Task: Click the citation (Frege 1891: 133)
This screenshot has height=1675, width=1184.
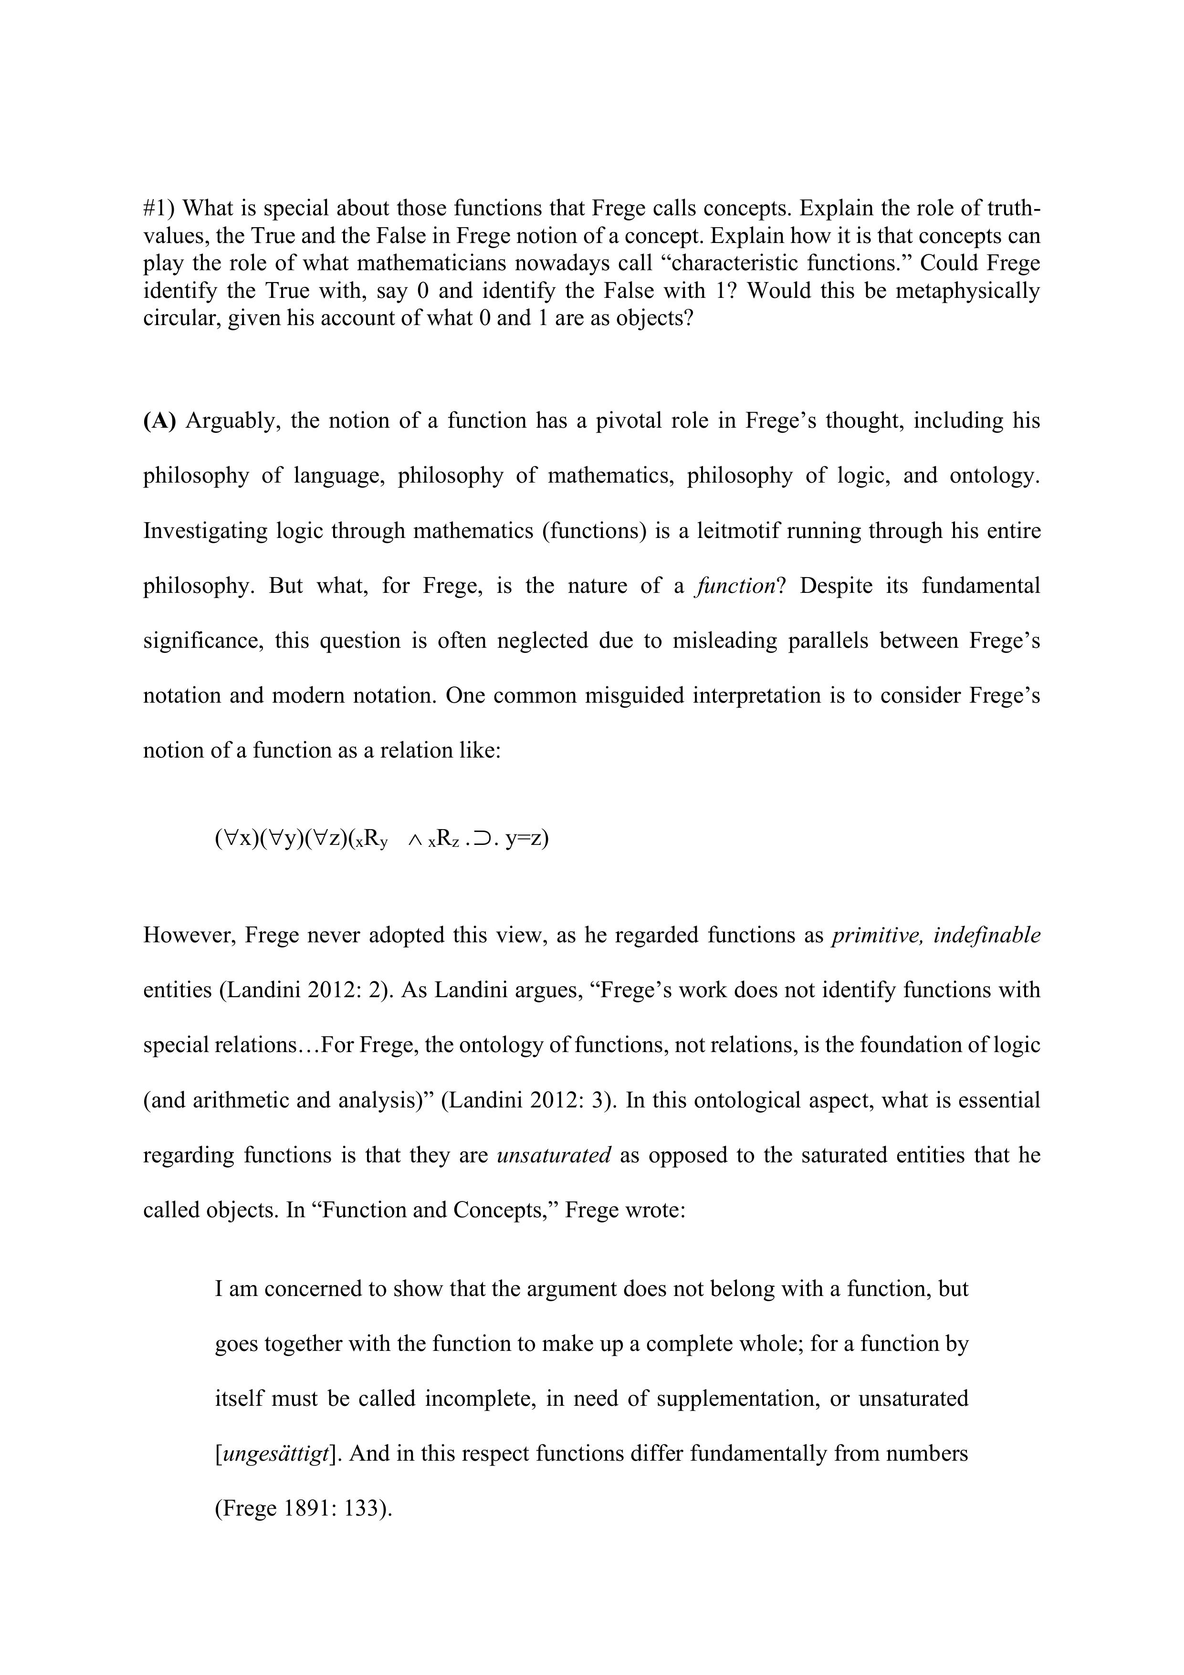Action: coord(304,1509)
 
